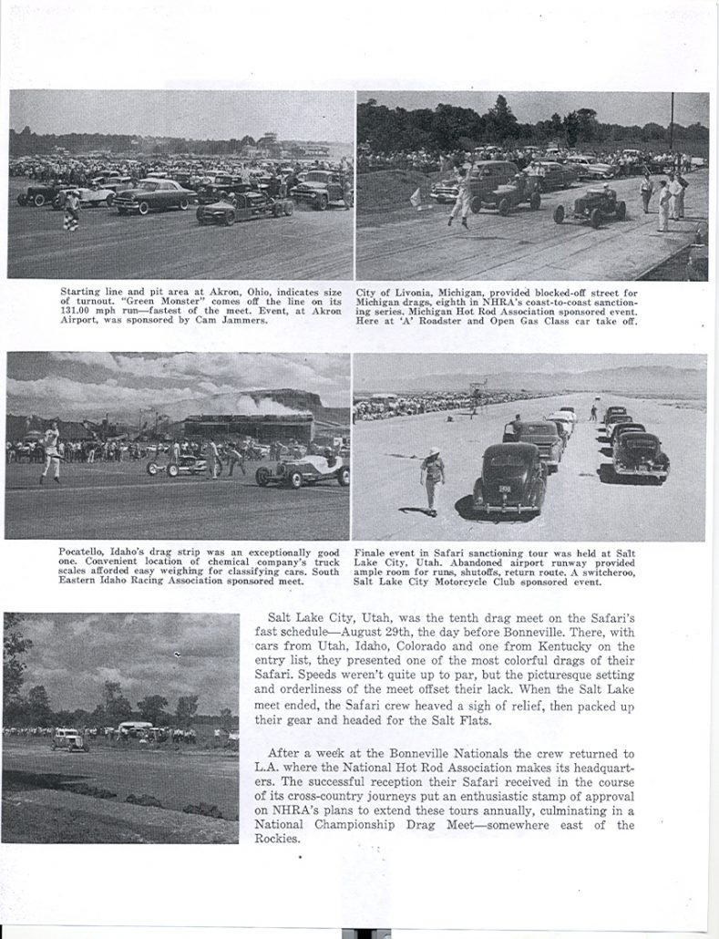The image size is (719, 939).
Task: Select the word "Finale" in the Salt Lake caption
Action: [x=373, y=553]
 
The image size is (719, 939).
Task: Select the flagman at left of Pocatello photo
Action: [x=51, y=452]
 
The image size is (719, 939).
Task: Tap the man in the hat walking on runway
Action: [x=434, y=480]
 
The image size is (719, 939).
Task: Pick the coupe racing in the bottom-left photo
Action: [x=69, y=739]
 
